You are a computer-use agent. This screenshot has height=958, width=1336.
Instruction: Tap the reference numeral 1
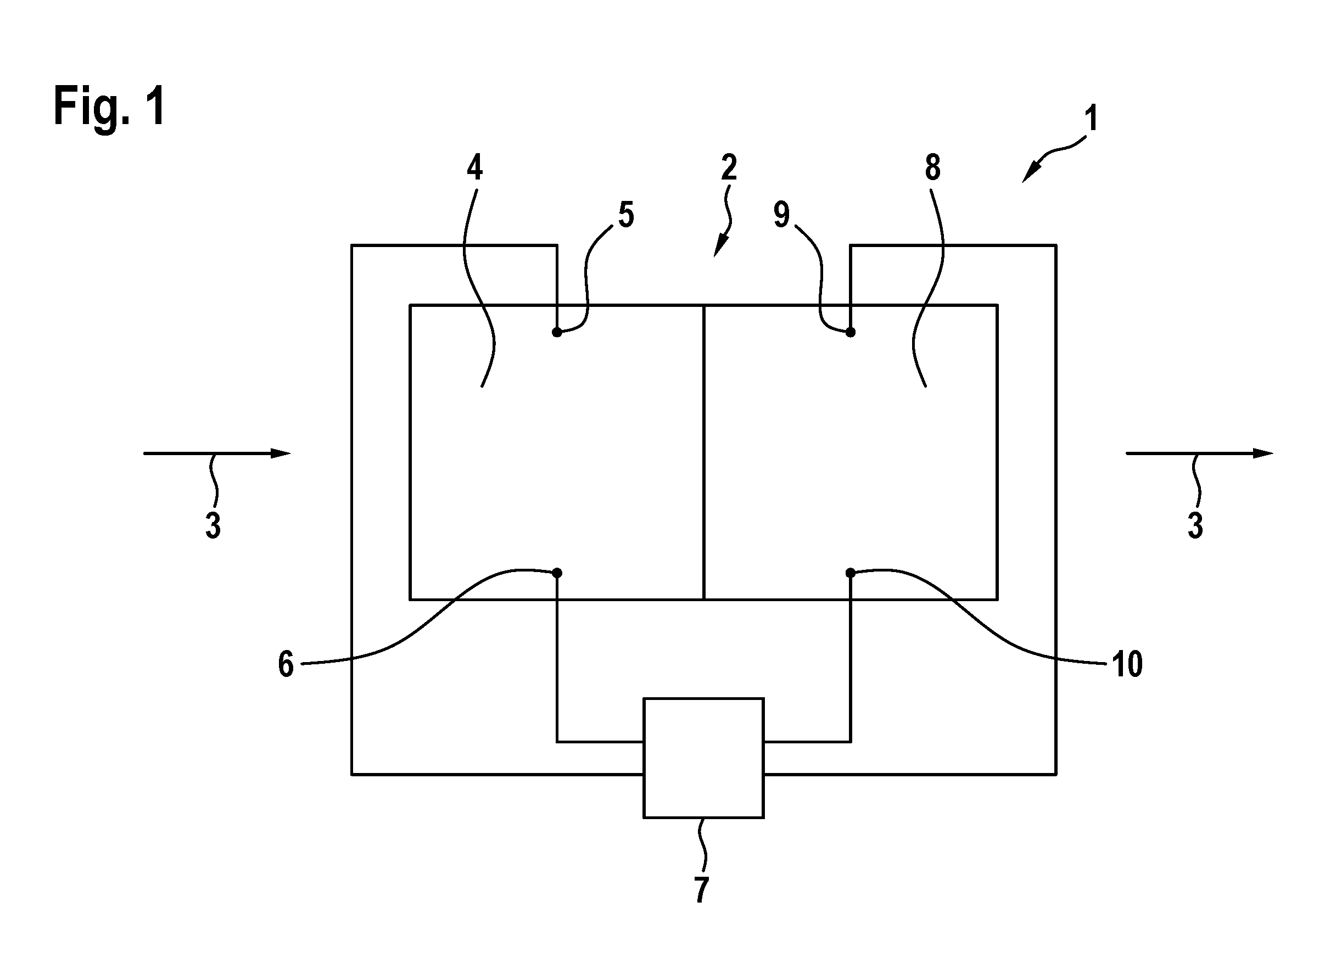[1091, 119]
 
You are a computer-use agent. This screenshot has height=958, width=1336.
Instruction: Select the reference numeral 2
[729, 168]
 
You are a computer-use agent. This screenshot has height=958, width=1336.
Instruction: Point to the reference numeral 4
[475, 168]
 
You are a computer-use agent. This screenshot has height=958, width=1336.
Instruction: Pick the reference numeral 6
[286, 665]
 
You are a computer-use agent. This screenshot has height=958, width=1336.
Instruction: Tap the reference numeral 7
[701, 890]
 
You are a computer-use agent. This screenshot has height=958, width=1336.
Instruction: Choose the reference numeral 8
[932, 168]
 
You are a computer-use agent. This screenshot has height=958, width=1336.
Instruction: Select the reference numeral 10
[1127, 665]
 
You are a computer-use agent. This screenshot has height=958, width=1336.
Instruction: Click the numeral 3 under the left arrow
[213, 525]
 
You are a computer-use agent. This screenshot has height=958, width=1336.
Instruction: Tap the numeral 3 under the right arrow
[1195, 525]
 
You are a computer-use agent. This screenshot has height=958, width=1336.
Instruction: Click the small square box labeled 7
[703, 758]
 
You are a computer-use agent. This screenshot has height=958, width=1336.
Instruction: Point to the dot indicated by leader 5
[557, 333]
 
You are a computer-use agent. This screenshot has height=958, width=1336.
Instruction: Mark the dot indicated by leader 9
[850, 333]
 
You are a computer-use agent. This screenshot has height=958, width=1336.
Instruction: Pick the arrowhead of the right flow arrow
[1263, 453]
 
